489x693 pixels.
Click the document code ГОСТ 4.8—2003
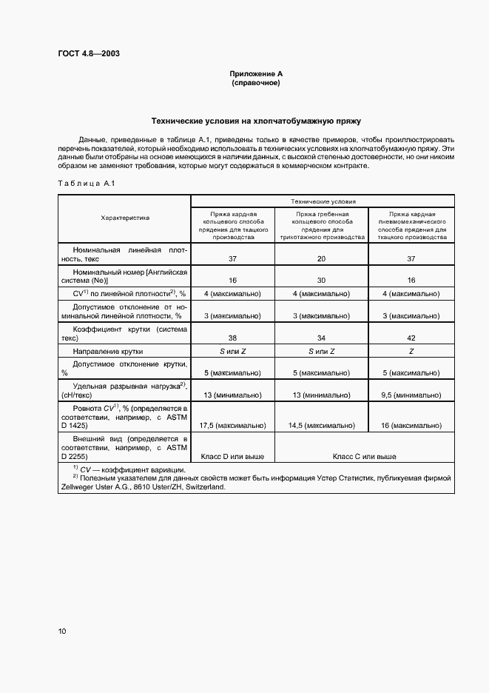[x=89, y=54]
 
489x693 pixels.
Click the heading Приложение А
[x=256, y=74]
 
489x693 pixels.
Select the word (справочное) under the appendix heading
[x=256, y=83]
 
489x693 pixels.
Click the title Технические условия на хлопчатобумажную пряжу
[x=256, y=120]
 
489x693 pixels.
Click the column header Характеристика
[x=125, y=218]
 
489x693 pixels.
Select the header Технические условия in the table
[x=323, y=201]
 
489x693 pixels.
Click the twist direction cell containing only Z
[x=411, y=351]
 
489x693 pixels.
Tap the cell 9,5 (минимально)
[x=411, y=395]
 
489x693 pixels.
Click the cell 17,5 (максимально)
[x=233, y=426]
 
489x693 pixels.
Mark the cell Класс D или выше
[x=233, y=457]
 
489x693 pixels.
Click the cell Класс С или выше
[x=365, y=457]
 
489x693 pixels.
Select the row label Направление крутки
[x=108, y=351]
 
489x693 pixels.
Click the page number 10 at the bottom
[x=61, y=632]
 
